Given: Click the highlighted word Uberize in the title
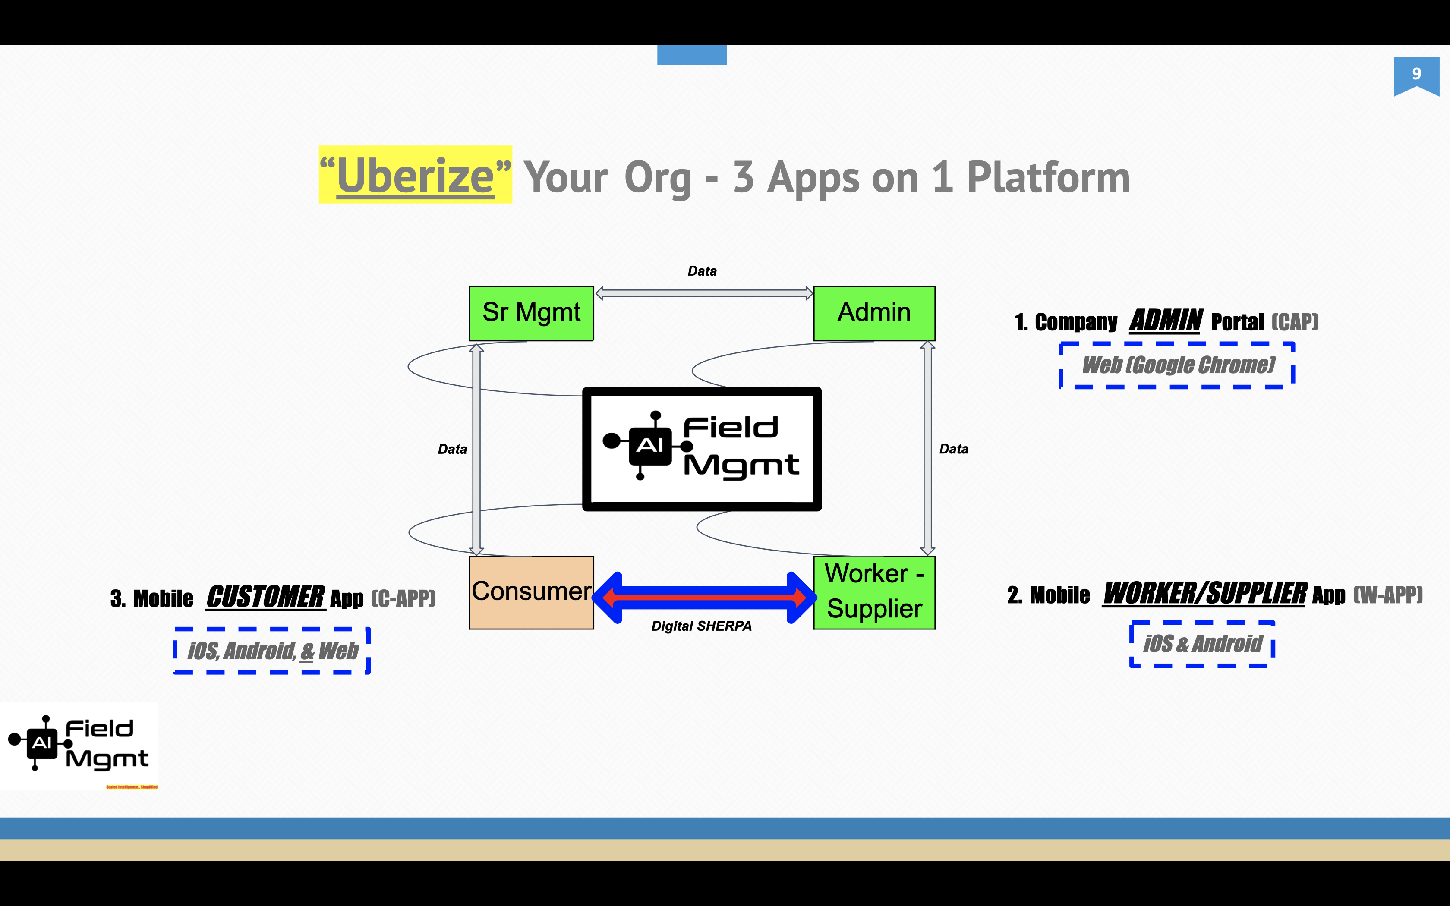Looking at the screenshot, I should (415, 176).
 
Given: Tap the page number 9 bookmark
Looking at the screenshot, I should (1416, 74).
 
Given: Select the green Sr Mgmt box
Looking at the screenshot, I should (531, 313).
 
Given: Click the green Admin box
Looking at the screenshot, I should (873, 313).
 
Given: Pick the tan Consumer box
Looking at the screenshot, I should (531, 592).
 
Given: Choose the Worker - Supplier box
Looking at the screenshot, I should (873, 592).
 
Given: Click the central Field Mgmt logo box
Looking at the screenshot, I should (702, 449).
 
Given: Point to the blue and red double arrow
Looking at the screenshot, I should (703, 597).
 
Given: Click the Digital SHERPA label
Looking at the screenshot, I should (701, 626).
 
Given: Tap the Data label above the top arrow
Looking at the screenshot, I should (702, 271).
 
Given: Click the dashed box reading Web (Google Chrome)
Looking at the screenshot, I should (1177, 365).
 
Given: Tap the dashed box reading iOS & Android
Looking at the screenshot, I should (1202, 644).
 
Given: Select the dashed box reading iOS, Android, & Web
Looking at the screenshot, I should (272, 651).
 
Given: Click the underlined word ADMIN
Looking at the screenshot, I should (1165, 321).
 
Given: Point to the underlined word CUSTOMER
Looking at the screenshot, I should (265, 598).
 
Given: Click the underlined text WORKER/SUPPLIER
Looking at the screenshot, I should (1204, 594).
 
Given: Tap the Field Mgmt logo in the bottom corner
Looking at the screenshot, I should (79, 745).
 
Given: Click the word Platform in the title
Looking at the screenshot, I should (1049, 177).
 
